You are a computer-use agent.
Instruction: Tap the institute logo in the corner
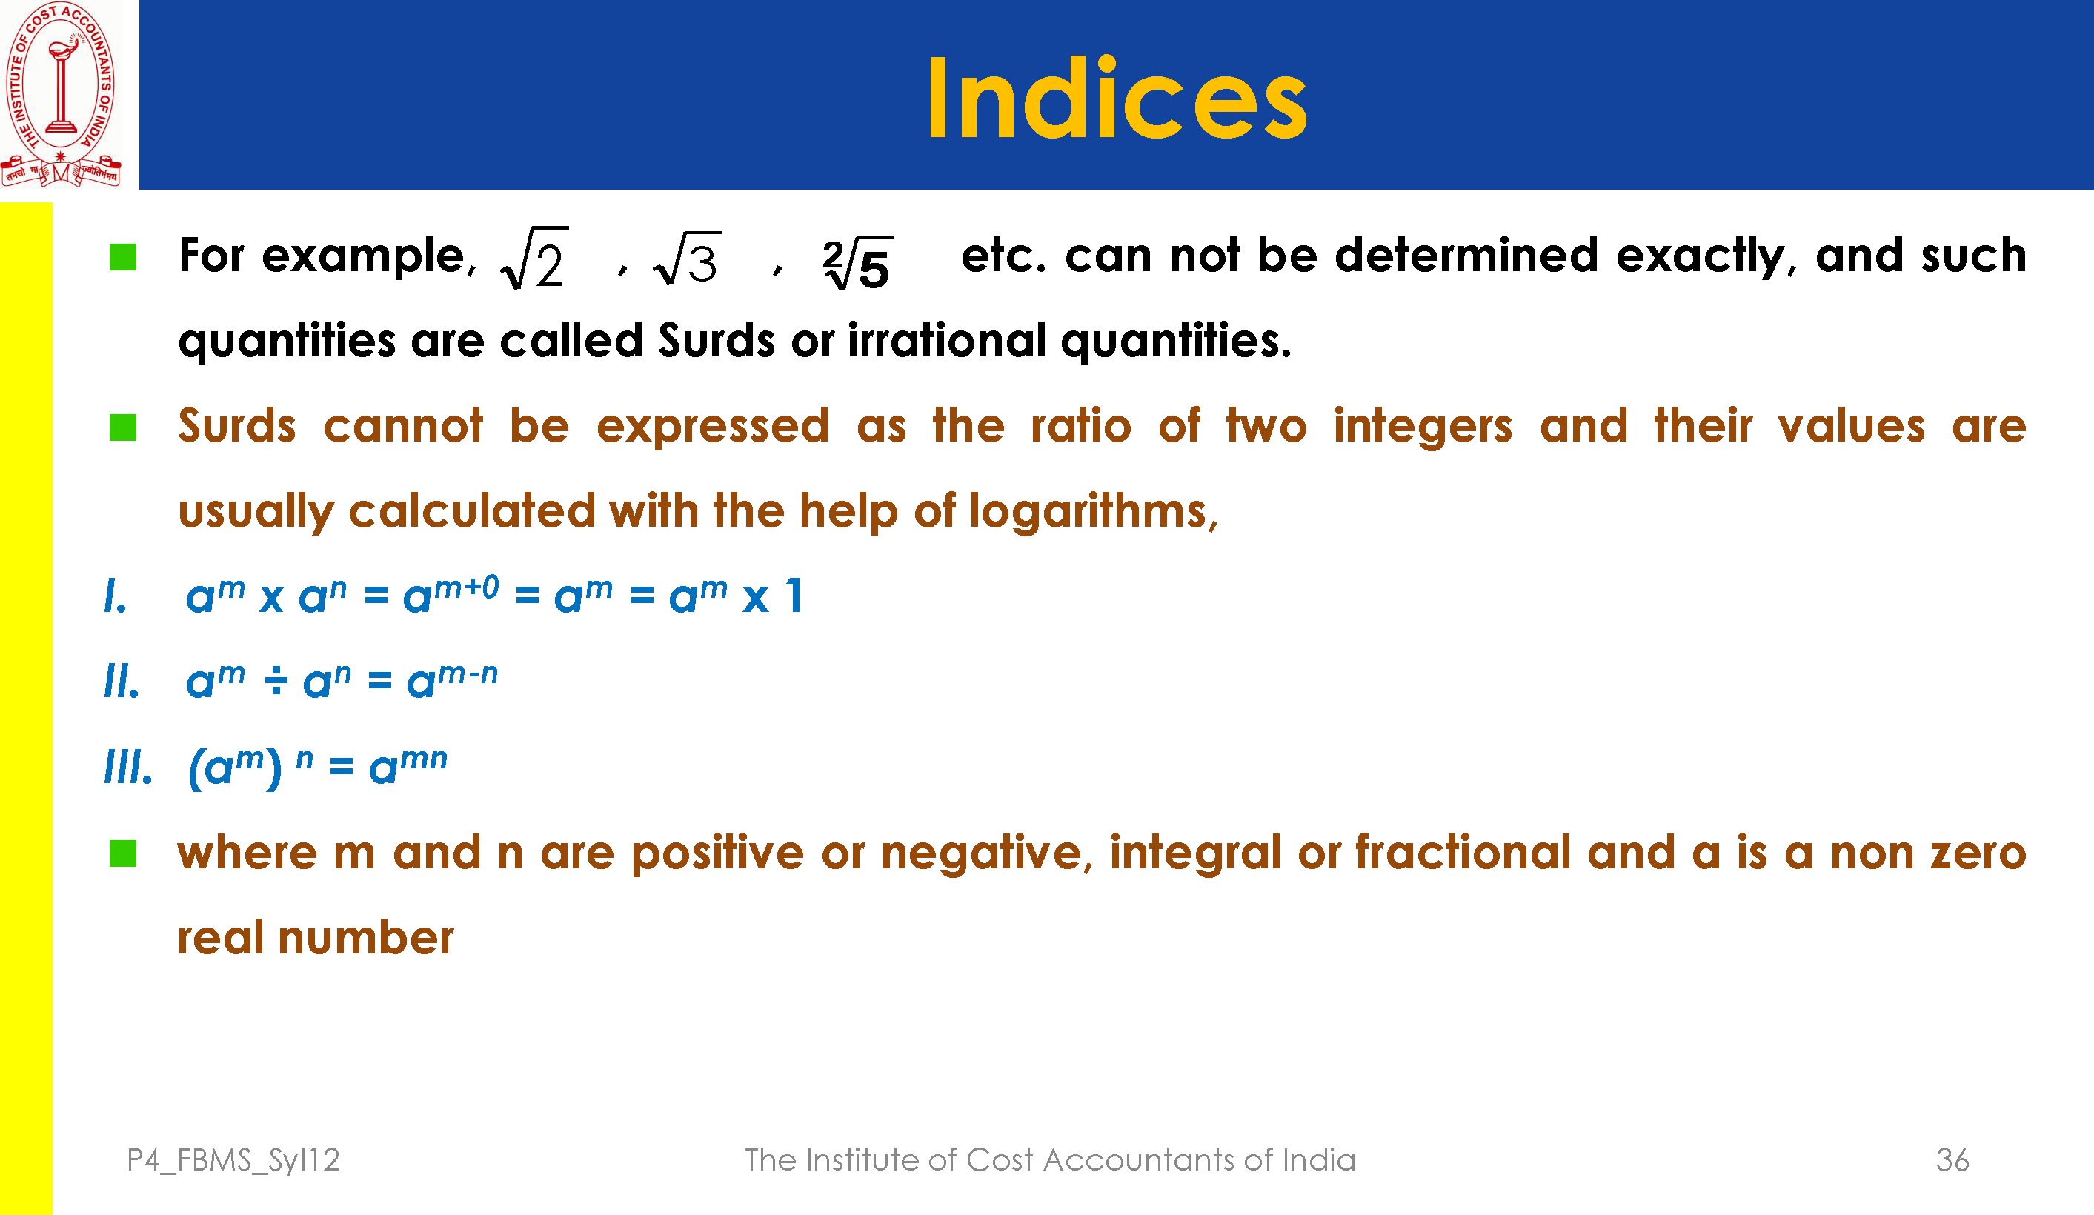coord(61,94)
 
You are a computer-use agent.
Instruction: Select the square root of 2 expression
coord(535,259)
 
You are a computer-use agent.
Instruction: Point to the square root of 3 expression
coord(687,259)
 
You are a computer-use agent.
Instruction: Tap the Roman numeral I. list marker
coord(116,596)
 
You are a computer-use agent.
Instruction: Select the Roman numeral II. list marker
coord(122,682)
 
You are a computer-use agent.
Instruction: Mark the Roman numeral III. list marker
coord(128,766)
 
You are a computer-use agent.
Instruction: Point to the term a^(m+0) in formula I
coord(451,593)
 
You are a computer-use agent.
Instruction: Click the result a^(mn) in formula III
coord(408,765)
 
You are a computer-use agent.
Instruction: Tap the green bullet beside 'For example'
coord(123,257)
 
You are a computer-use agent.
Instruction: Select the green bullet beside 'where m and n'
coord(123,853)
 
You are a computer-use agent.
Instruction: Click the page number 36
coord(1952,1160)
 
